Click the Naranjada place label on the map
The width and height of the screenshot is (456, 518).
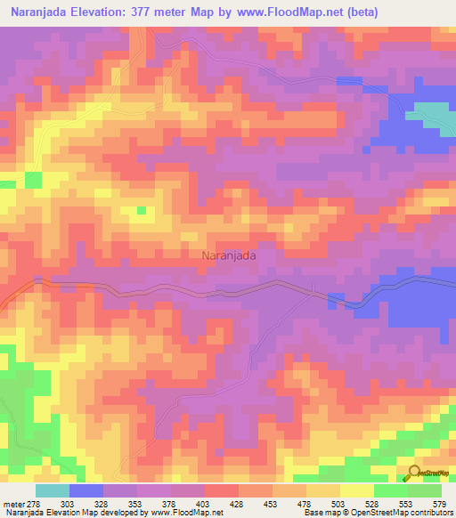230,255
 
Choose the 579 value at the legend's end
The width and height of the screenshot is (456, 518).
437,503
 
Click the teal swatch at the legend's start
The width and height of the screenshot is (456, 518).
53,490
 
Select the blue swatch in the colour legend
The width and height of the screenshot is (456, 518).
86,490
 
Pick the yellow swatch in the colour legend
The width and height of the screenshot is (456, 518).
356,490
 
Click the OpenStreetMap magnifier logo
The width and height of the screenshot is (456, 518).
415,474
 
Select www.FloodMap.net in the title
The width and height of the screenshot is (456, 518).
290,12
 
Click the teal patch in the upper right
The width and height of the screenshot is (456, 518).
430,112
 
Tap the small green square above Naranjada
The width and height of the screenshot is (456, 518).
141,211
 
